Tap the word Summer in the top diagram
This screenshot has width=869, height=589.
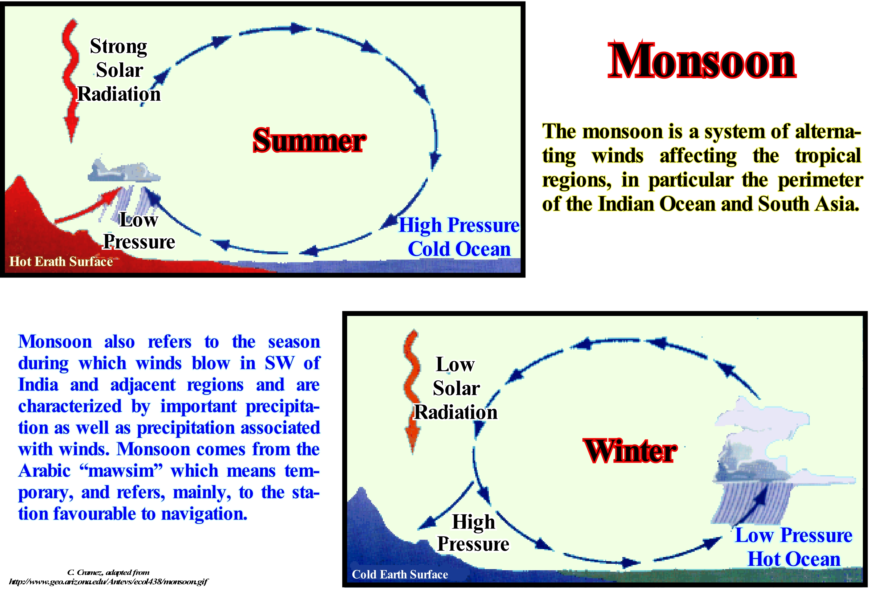[x=309, y=140]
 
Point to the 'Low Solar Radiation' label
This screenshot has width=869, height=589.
[x=456, y=388]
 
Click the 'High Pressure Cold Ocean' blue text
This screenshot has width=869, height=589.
[x=459, y=237]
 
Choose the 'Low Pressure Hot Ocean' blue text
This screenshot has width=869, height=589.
[x=794, y=547]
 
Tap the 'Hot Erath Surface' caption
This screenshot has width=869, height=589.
[x=61, y=261]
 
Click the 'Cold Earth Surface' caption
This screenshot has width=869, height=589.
[x=400, y=574]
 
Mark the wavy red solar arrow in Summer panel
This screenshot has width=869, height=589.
[x=70, y=80]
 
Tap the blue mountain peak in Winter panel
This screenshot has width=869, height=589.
[x=361, y=490]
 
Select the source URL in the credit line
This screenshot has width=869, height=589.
[x=109, y=582]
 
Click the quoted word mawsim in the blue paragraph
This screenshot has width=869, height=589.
[x=121, y=471]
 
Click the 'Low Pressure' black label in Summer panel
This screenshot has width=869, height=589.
[x=139, y=231]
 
